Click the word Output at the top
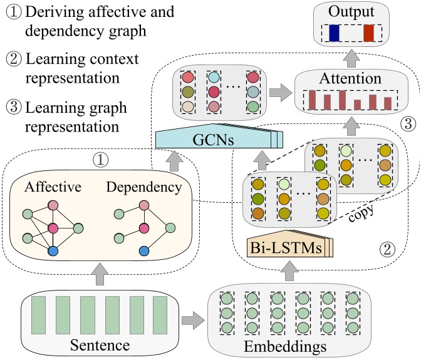click(x=354, y=12)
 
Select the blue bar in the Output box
click(x=333, y=33)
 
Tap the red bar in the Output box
click(x=368, y=33)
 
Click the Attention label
click(x=350, y=79)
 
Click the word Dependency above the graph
click(x=144, y=170)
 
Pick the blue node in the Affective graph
click(x=53, y=251)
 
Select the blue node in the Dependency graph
click(x=145, y=251)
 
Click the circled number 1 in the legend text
click(x=13, y=13)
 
